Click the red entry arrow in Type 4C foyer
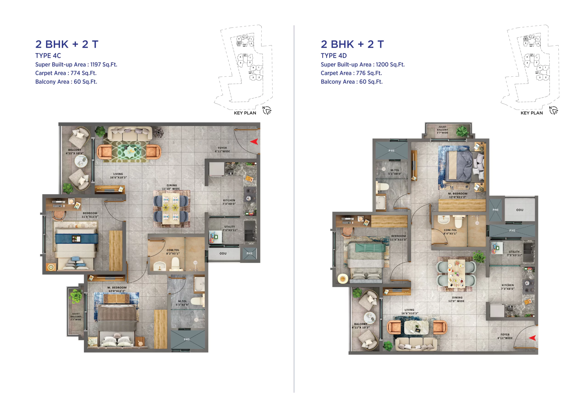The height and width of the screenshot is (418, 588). [254, 142]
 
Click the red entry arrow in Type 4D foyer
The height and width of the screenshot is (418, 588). [533, 338]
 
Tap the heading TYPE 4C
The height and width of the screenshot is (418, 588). [48, 56]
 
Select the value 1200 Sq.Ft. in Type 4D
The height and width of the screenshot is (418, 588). [390, 65]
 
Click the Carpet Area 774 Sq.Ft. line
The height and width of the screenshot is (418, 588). [66, 73]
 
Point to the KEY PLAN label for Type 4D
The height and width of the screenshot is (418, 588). [531, 113]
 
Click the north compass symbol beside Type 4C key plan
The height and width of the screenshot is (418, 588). [267, 110]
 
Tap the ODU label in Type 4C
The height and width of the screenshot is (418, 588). [223, 253]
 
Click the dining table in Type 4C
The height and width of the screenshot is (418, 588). [170, 208]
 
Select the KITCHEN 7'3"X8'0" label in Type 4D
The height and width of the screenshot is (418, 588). [507, 287]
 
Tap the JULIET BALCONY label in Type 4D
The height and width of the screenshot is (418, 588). [442, 130]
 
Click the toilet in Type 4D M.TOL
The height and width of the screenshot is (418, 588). [382, 187]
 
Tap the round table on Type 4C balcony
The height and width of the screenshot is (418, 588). [81, 162]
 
